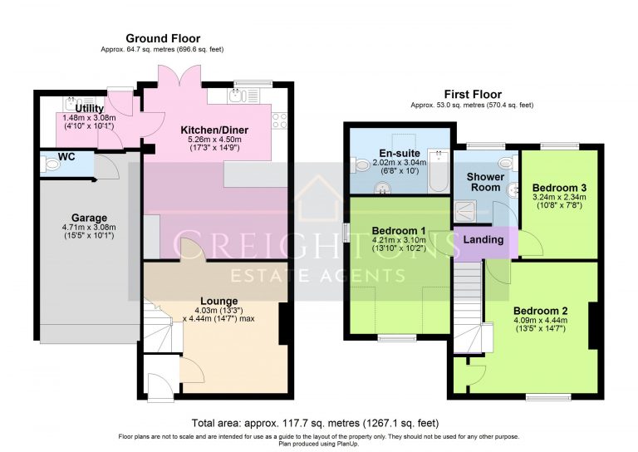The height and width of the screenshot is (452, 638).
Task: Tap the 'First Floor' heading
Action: click(x=473, y=94)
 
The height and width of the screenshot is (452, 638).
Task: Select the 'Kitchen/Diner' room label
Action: click(x=214, y=130)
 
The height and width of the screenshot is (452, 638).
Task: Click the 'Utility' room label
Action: click(x=89, y=109)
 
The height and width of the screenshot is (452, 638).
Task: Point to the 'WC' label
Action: click(x=66, y=155)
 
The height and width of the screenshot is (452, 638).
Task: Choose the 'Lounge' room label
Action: click(x=218, y=300)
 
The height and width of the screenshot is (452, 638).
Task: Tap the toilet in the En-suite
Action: click(x=360, y=166)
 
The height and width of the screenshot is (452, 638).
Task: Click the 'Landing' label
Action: click(x=483, y=239)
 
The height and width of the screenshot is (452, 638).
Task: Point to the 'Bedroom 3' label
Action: click(x=559, y=186)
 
